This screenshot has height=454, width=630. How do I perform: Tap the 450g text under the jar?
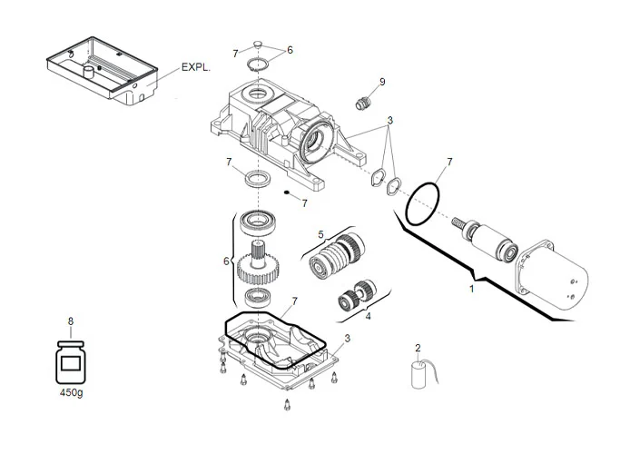coord(70,394)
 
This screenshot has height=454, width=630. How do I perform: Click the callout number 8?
coord(70,321)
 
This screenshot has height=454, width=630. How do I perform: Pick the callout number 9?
coord(382,82)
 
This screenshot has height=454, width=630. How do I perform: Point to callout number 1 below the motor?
coord(470,289)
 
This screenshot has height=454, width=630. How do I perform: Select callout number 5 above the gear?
coord(320,234)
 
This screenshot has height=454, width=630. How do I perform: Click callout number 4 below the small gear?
coord(367,317)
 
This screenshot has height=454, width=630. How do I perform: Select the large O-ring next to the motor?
coord(424,205)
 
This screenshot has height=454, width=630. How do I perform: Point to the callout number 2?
coord(418,348)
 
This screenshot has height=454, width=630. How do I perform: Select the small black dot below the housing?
coord(285,193)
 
